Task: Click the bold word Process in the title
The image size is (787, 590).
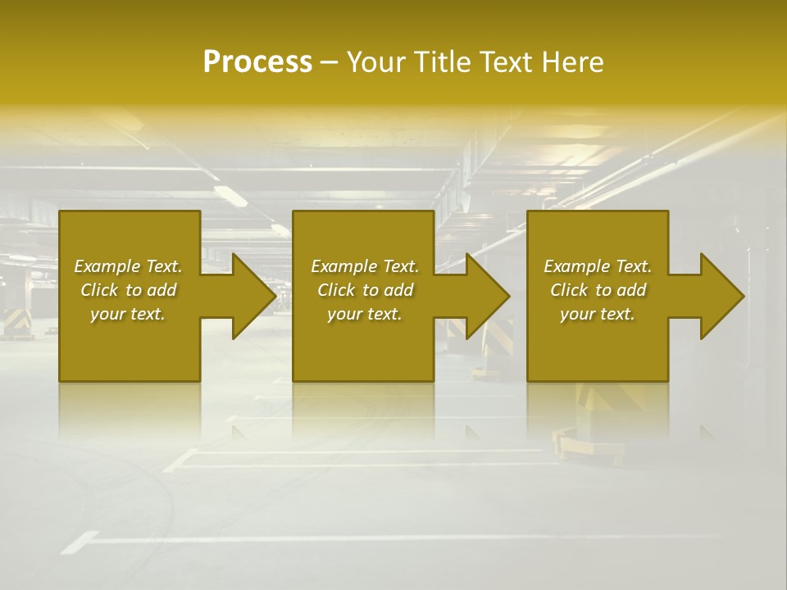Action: pos(257,62)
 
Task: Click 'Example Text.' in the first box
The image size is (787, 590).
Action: pos(128,266)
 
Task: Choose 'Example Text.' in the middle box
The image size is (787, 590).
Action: pos(365,266)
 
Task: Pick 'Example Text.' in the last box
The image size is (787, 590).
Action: pos(598,266)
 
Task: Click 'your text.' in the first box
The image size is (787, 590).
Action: pos(128,314)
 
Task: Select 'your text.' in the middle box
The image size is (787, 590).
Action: pos(365,314)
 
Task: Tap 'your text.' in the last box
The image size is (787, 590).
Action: pos(598,314)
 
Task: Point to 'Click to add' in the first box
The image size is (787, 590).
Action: pos(128,290)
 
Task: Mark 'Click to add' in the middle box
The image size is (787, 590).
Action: pos(365,290)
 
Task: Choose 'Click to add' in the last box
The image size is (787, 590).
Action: pos(598,290)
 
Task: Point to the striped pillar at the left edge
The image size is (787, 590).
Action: pos(14,315)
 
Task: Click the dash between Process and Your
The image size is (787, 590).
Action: pos(329,62)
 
